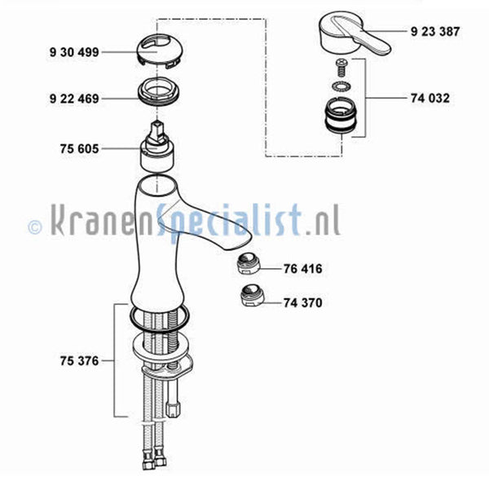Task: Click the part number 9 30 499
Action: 74,52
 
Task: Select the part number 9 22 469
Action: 74,99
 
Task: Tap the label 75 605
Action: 79,149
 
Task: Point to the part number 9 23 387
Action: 435,32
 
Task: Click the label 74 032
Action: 430,99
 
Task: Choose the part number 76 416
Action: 302,268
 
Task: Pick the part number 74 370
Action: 302,302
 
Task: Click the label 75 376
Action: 79,361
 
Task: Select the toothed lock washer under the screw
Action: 341,86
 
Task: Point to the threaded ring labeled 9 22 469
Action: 159,93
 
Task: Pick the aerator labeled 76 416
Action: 247,264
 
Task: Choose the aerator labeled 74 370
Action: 252,295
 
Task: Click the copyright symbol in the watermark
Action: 34,227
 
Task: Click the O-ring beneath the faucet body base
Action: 160,328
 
